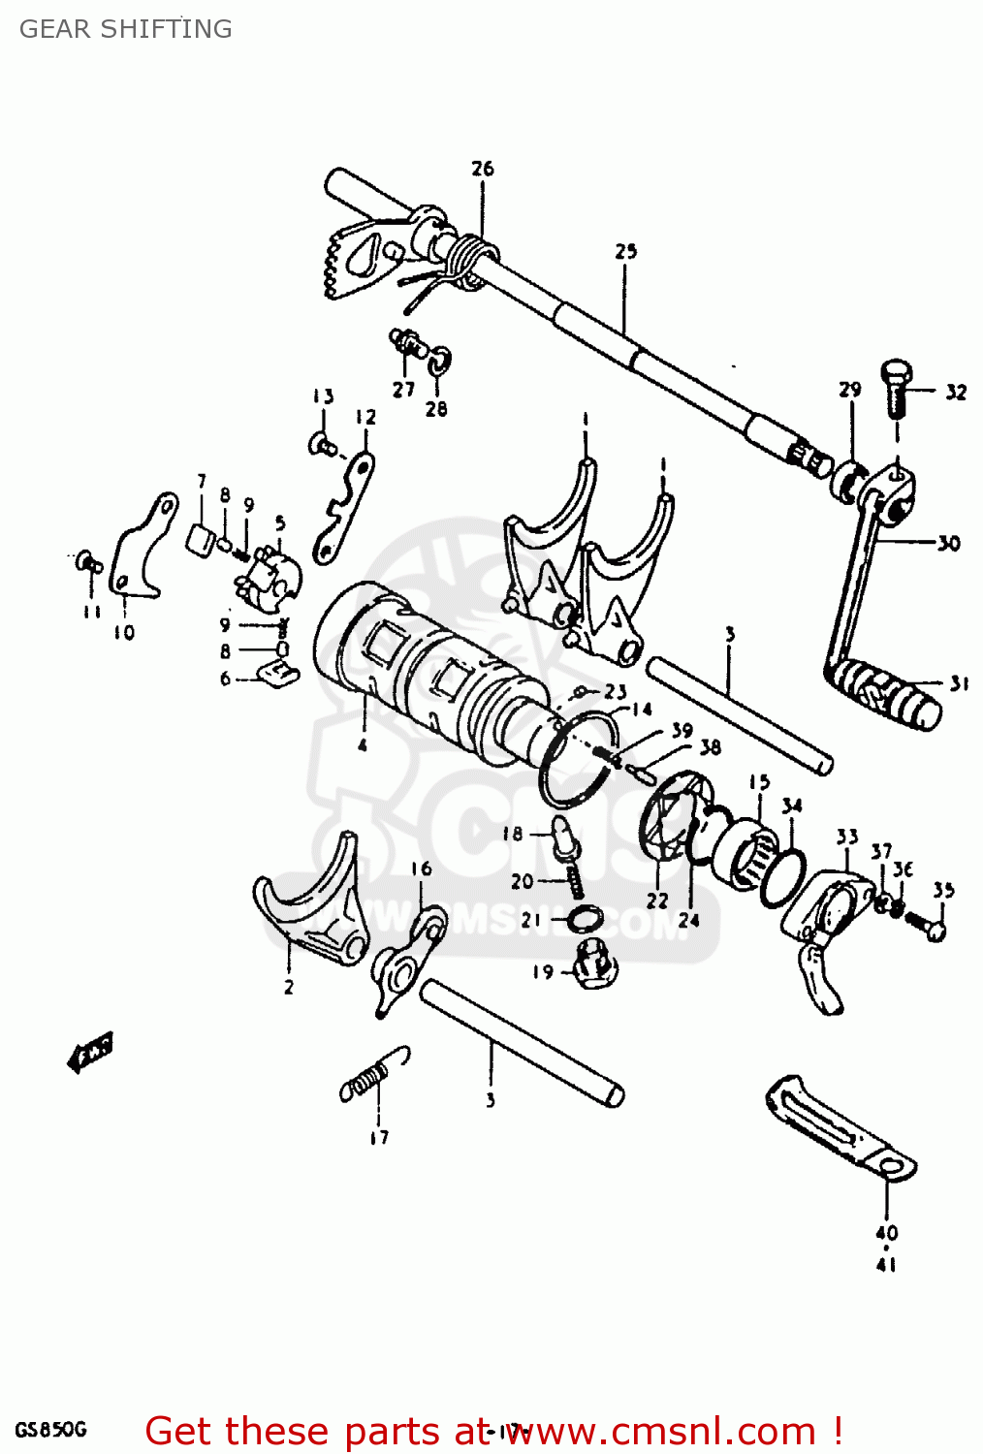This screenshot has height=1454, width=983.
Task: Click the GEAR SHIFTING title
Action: (x=126, y=29)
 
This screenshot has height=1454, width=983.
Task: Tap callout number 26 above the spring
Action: (x=482, y=169)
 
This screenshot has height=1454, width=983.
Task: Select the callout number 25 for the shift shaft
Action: (x=625, y=252)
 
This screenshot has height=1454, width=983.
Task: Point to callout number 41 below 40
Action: (x=886, y=1265)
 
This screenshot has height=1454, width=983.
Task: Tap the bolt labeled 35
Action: (x=928, y=925)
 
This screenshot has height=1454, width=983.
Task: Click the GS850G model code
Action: (x=50, y=1430)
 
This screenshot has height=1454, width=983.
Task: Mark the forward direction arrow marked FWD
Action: (x=90, y=1051)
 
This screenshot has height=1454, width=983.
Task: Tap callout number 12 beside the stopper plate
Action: (x=365, y=418)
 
